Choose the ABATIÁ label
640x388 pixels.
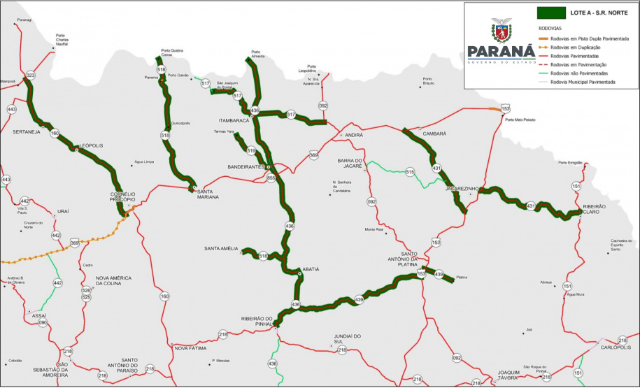[311, 269]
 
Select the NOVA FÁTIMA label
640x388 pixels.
[191, 347]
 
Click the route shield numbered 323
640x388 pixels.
[30, 75]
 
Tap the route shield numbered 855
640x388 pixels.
[271, 178]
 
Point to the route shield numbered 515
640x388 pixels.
[411, 172]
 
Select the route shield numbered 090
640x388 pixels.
[43, 323]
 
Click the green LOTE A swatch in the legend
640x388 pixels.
[550, 12]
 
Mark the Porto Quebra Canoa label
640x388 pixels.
[173, 52]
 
